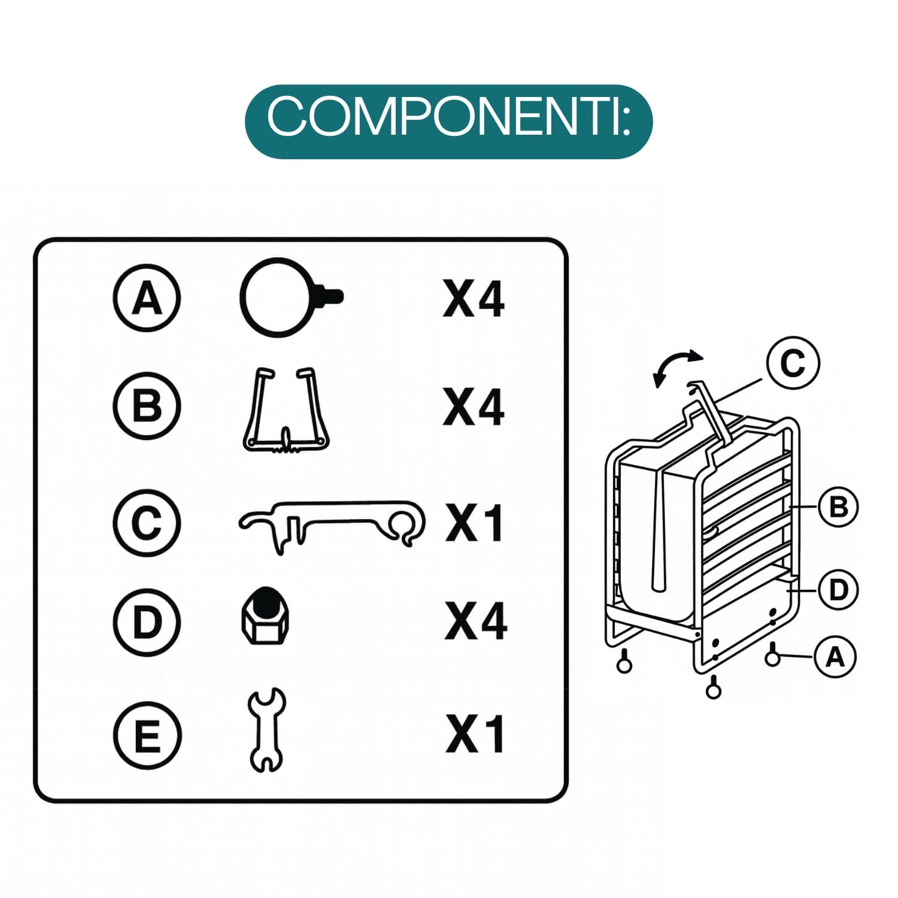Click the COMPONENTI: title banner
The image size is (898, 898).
point(448,122)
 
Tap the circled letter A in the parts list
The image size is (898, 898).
point(147,298)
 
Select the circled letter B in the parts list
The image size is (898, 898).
point(147,405)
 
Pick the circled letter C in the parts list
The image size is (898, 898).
point(147,523)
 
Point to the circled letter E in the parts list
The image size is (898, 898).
point(147,735)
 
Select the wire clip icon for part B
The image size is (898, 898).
point(286,409)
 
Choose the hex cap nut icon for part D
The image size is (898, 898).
point(265,616)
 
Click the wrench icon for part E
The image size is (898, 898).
point(266,730)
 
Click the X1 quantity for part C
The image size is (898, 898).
point(474,523)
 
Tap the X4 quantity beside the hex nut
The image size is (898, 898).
point(475,621)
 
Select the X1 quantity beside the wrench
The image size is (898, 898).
point(475,734)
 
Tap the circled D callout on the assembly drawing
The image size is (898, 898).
point(838,590)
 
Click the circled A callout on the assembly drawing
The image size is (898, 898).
point(835,657)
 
